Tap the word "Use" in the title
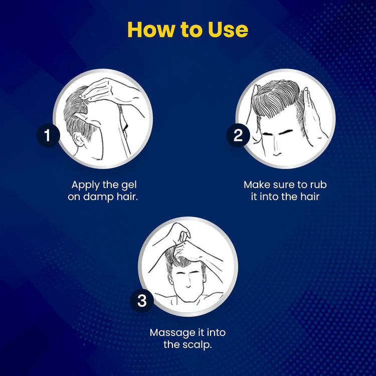click(225, 30)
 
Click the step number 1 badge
click(48, 136)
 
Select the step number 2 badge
click(238, 136)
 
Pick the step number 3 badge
click(142, 301)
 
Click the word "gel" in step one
click(127, 184)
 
